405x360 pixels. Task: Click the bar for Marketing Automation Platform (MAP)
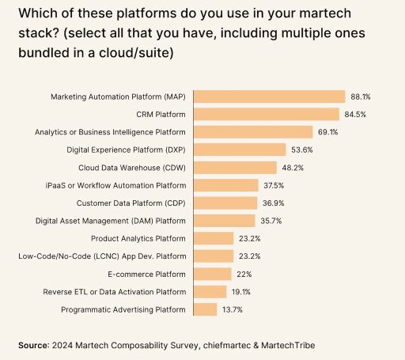[x=270, y=97]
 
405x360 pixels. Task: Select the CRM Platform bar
[x=267, y=114]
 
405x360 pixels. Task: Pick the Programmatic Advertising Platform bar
[x=206, y=309]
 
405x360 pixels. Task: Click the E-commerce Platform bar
[x=213, y=274]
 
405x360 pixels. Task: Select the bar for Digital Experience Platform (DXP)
[x=240, y=150]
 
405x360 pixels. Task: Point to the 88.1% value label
[x=361, y=97]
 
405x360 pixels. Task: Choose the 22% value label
[x=243, y=274]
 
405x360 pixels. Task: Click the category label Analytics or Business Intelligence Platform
[x=122, y=132]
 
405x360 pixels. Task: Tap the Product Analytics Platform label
[x=138, y=238]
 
